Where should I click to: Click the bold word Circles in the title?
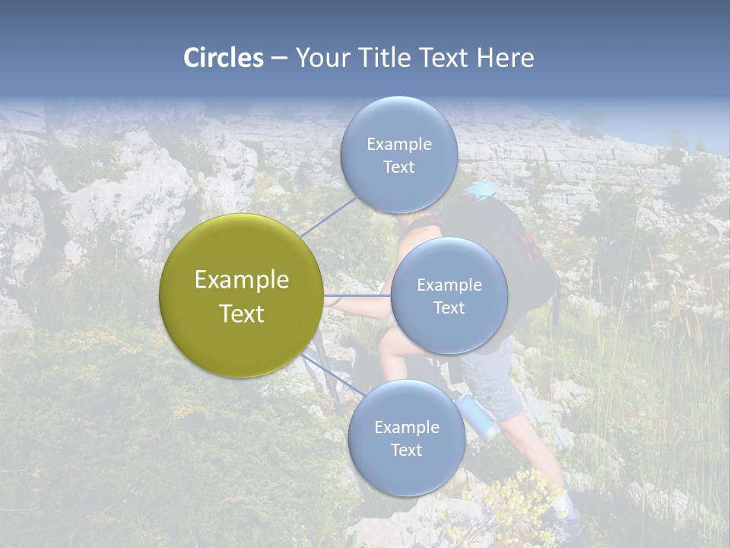(x=224, y=58)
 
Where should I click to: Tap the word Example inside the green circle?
(x=241, y=280)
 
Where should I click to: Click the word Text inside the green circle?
(x=241, y=314)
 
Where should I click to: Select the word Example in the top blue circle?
(x=398, y=144)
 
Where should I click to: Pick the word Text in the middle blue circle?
(x=449, y=307)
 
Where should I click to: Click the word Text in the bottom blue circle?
(x=406, y=450)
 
